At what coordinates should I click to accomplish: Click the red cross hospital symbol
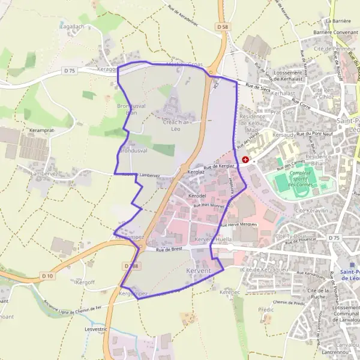click(245, 160)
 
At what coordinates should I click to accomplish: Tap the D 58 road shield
click(222, 26)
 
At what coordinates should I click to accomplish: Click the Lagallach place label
click(73, 26)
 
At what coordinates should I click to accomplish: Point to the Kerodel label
click(197, 196)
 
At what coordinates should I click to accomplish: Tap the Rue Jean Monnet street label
click(208, 206)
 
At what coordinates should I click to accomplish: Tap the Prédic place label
click(266, 310)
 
